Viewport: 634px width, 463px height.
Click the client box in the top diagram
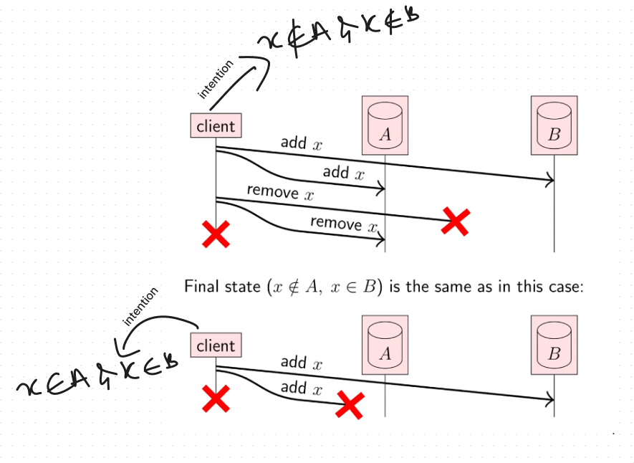coord(216,126)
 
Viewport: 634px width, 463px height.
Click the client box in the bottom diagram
coord(216,345)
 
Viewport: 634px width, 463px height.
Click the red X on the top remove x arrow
coord(455,221)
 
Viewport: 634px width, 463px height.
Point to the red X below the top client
coord(216,234)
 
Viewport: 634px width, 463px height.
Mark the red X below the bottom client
coord(216,398)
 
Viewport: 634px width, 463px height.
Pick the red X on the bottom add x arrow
coord(350,406)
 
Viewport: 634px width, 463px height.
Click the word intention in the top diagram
coord(216,79)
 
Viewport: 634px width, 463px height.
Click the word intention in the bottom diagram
coord(140,307)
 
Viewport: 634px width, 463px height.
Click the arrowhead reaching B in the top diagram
coord(550,180)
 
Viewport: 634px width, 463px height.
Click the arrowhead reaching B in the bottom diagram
coord(550,399)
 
